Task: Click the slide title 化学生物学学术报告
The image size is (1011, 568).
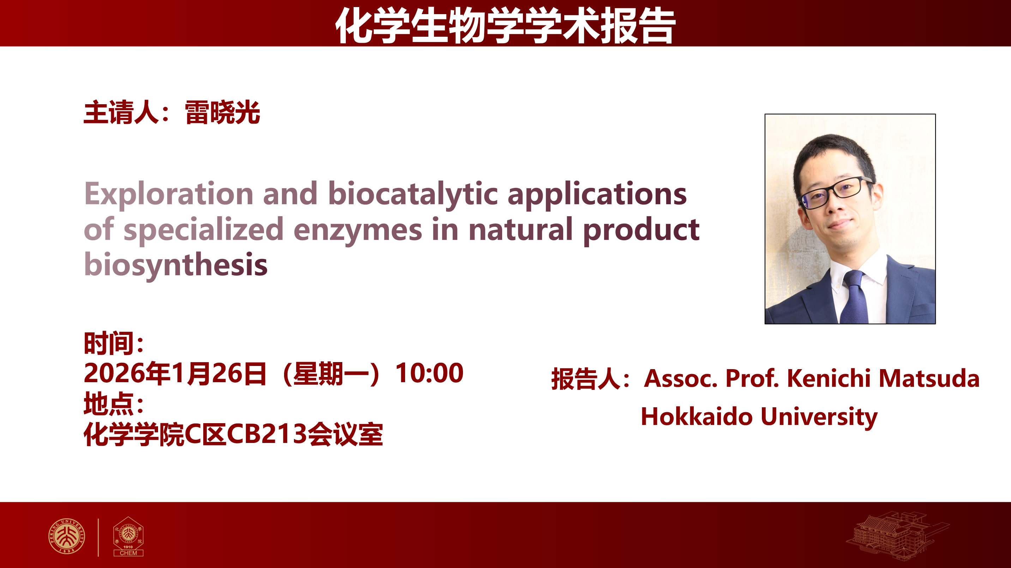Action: tap(505, 25)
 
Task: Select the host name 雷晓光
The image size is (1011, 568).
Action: tap(222, 113)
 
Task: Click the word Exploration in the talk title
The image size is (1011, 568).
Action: tap(169, 194)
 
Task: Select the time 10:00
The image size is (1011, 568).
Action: tap(429, 373)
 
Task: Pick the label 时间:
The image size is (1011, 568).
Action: tap(114, 343)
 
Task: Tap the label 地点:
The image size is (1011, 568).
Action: tap(114, 403)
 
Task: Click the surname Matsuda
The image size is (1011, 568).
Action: tap(929, 379)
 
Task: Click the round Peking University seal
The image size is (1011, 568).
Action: tap(66, 536)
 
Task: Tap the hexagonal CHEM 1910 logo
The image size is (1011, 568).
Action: tap(128, 537)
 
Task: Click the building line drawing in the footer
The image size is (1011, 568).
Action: tap(897, 535)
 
